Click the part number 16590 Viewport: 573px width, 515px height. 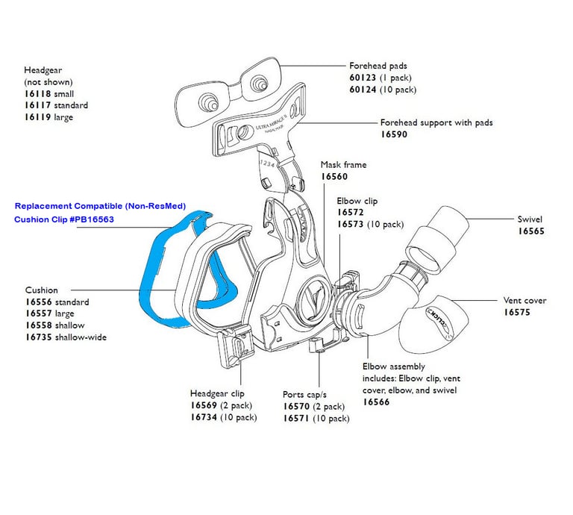click(395, 135)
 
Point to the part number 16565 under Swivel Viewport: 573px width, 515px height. click(532, 231)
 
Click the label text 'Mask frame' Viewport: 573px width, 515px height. click(343, 164)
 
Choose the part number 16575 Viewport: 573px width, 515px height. click(517, 313)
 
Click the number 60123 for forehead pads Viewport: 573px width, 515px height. click(364, 78)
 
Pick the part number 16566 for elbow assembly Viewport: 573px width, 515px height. click(378, 402)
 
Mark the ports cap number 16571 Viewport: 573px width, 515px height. click(298, 419)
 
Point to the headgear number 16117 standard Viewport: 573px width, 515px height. click(38, 105)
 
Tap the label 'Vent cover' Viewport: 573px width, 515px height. click(525, 301)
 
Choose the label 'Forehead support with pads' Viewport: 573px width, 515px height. click(436, 122)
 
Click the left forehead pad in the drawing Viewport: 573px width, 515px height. click(202, 96)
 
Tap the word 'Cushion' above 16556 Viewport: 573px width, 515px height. click(42, 290)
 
